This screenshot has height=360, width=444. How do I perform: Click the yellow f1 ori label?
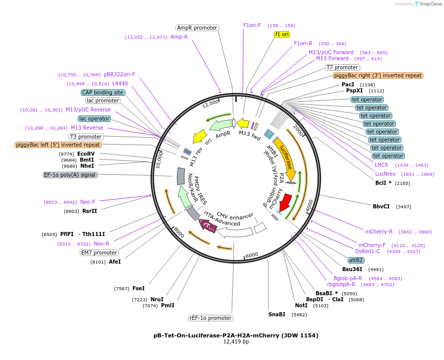(282, 34)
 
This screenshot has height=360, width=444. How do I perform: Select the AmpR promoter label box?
(197, 28)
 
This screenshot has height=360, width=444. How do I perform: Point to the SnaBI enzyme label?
(277, 314)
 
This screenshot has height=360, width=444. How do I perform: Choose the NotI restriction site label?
(301, 305)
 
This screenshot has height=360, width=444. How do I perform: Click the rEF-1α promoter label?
(211, 318)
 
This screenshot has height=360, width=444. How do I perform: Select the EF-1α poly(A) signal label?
(70, 175)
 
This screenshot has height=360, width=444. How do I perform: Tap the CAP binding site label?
(103, 92)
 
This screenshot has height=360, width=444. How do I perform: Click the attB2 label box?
(356, 260)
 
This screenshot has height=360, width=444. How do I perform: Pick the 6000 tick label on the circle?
(251, 255)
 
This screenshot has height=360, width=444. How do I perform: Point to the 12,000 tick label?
(211, 104)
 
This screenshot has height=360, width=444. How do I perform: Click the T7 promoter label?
(342, 67)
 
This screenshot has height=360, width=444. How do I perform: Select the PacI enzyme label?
(348, 84)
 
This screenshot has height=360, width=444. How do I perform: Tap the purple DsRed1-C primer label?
(368, 251)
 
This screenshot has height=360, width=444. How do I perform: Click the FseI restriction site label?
(138, 288)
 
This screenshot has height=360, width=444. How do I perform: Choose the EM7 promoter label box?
(99, 253)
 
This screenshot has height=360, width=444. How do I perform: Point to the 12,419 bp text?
(236, 341)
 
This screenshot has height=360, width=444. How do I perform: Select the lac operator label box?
(94, 118)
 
